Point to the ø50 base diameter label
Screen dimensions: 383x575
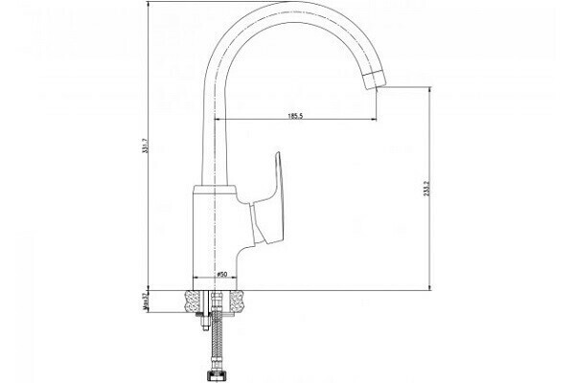[x=220, y=275]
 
